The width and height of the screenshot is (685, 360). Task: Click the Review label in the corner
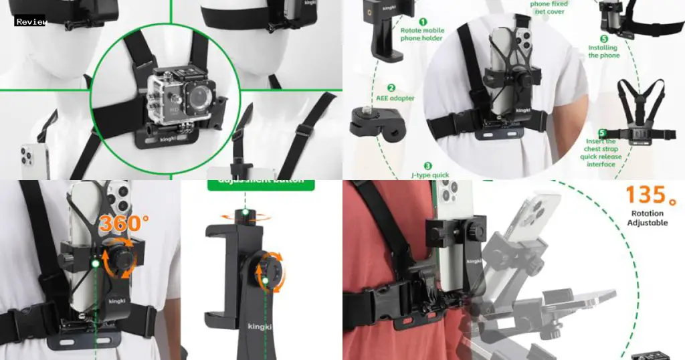pos(31,21)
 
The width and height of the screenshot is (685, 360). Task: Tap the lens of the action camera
pos(199,100)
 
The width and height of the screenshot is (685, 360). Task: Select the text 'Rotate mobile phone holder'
pos(421,34)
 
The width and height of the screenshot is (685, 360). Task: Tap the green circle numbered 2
pos(391,87)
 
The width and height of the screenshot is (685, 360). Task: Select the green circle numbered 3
pos(427,166)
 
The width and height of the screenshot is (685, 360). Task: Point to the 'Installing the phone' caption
pos(604,52)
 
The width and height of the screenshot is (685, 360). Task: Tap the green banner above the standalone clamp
pos(256,183)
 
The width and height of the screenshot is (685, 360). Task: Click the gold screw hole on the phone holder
pos(386,11)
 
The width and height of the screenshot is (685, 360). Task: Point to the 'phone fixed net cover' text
pos(549,8)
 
